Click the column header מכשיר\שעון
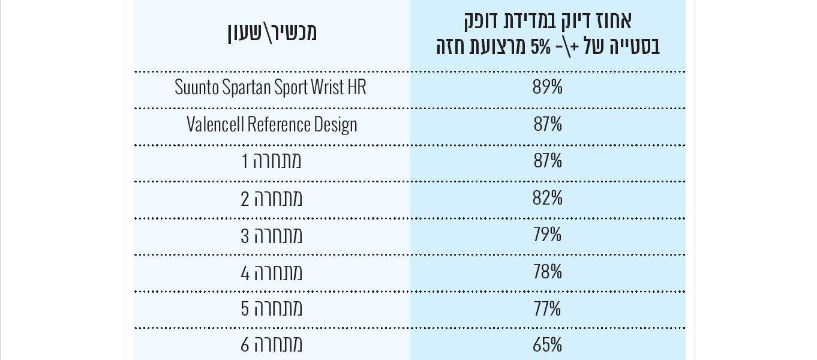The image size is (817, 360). (272, 32)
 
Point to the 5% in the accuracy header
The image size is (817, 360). (540, 47)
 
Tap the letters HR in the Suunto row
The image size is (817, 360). (356, 88)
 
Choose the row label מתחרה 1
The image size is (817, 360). (272, 161)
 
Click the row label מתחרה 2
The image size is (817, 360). (272, 198)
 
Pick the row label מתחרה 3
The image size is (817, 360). (272, 235)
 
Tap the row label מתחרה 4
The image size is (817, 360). (272, 272)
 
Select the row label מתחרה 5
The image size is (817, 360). (272, 308)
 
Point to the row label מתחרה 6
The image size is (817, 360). (272, 345)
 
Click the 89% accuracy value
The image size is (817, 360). (548, 88)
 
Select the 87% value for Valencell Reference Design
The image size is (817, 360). (548, 125)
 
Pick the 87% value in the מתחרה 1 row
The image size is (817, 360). (548, 161)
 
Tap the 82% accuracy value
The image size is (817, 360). (548, 198)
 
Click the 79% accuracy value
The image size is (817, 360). (548, 235)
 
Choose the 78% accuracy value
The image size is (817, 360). (548, 272)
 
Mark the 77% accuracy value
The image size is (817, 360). (548, 308)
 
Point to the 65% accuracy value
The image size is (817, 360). (548, 345)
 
